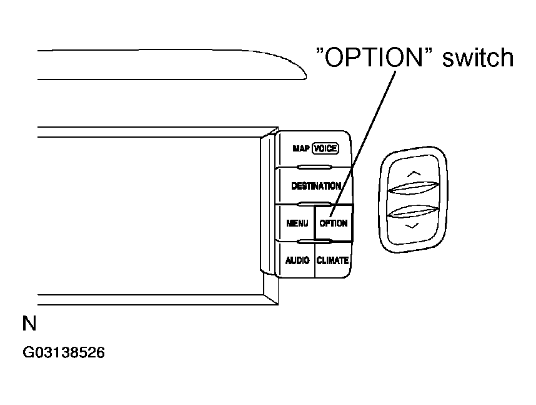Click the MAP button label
pos(302,149)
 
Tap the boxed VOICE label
pos(325,149)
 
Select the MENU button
pos(297,223)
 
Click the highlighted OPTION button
pos(333,223)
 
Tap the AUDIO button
pos(297,260)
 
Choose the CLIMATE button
pos(332,260)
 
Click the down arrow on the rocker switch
pos(410,226)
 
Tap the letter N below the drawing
pos(29,324)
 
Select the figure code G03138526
pos(64,352)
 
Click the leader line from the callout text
pos(365,138)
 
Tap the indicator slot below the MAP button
pos(315,167)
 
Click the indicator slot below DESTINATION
pos(315,204)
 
